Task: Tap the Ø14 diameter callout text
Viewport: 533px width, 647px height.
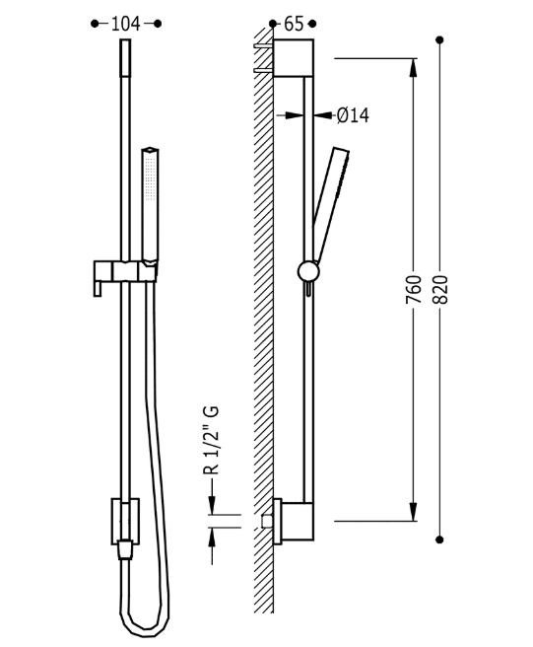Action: click(x=352, y=115)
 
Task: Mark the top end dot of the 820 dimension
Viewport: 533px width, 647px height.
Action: click(x=439, y=39)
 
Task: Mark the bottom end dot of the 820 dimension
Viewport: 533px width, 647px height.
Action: click(x=439, y=539)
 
